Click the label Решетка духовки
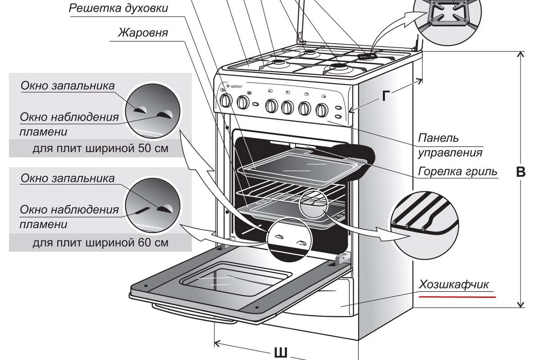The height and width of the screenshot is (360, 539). click(x=119, y=9)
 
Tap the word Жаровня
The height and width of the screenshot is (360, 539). click(x=143, y=33)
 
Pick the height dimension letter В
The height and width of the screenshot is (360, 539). click(x=521, y=172)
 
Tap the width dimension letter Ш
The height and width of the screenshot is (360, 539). click(x=281, y=352)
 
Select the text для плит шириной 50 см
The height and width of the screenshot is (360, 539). click(x=100, y=148)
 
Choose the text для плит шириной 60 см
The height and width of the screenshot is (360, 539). click(x=100, y=243)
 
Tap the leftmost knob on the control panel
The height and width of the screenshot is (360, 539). click(x=225, y=100)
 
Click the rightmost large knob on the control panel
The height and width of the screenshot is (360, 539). click(x=322, y=109)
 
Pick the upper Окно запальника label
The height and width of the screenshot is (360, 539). click(x=67, y=85)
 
